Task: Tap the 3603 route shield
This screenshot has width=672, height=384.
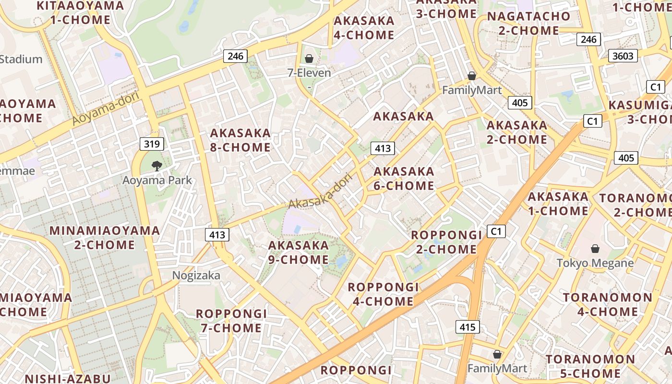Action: (623, 56)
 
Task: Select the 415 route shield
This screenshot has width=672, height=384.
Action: (467, 327)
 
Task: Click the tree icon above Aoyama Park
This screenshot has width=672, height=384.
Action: (156, 166)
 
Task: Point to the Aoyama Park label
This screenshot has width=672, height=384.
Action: (157, 180)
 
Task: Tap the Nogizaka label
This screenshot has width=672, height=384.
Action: (196, 276)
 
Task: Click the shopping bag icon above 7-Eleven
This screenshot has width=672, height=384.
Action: (309, 59)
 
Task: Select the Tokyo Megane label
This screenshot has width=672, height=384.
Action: (595, 263)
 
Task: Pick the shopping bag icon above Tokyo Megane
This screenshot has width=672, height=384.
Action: (595, 249)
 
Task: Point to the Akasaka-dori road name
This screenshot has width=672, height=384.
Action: (320, 191)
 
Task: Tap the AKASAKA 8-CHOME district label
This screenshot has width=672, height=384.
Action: (240, 140)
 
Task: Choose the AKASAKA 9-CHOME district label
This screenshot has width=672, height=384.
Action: (299, 252)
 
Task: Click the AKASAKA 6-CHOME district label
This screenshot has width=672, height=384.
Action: (404, 179)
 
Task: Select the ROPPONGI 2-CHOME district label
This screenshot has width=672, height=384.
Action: (446, 242)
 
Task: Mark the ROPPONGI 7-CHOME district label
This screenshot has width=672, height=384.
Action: (231, 321)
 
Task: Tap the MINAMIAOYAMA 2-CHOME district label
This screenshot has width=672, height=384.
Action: (105, 238)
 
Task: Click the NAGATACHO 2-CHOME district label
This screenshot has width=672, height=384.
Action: (528, 24)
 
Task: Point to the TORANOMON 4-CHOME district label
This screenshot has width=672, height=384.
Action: (608, 304)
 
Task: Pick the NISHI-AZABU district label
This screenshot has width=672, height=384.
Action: (68, 378)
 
